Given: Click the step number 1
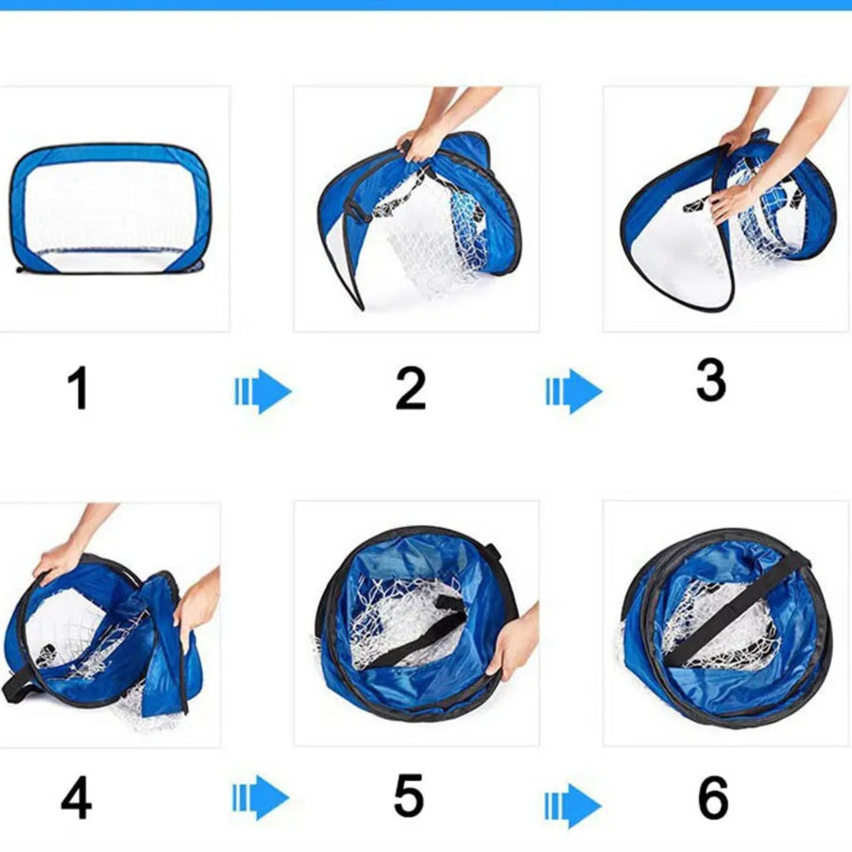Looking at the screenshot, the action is point(77,387).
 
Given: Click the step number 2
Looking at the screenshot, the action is point(411,387).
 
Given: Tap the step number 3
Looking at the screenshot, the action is point(710,380).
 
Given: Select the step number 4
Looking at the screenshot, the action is point(77,797).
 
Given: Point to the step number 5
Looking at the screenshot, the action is point(409,795).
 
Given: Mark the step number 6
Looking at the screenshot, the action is point(713,797).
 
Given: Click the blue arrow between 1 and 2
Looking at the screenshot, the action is point(263,391).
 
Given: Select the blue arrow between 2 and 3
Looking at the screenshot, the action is point(573,391).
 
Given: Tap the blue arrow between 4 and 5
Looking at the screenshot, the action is point(261,797).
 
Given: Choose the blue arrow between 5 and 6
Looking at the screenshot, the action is point(572,806).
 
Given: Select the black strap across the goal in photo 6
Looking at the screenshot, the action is point(734,608).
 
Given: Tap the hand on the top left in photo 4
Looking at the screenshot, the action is point(60,561).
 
